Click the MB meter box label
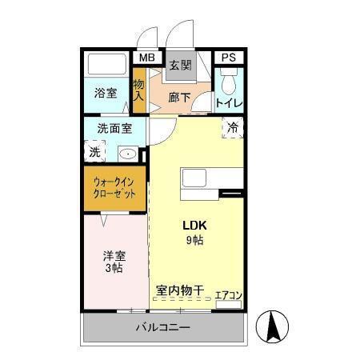pyautogui.click(x=146, y=58)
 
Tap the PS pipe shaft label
pyautogui.click(x=229, y=58)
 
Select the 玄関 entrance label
pyautogui.click(x=180, y=66)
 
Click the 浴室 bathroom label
pyautogui.click(x=106, y=92)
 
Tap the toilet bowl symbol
pyautogui.click(x=229, y=83)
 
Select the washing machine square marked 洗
pyautogui.click(x=94, y=150)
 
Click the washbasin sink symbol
pyautogui.click(x=127, y=152)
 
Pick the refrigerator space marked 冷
pyautogui.click(x=233, y=127)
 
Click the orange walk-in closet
pyautogui.click(x=114, y=188)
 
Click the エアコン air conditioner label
pyautogui.click(x=229, y=294)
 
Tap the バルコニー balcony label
pyautogui.click(x=162, y=328)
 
